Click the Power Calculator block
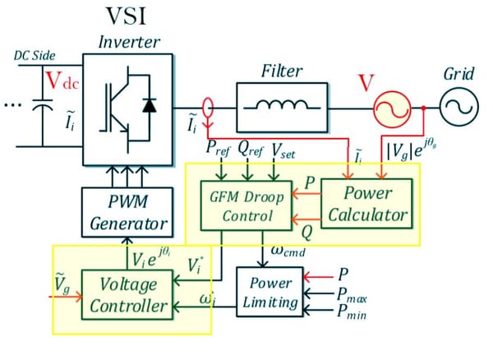coord(363,205)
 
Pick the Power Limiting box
coord(268,291)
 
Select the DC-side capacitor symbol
coord(40,105)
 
